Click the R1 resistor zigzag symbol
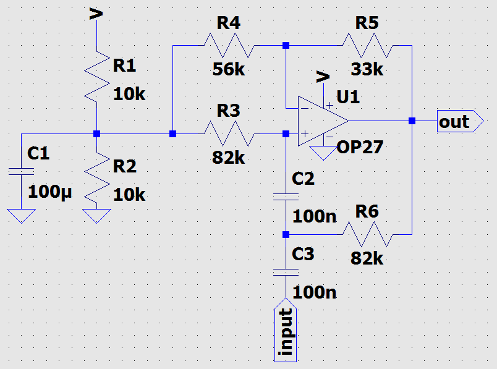click(97, 77)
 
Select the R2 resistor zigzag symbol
click(97, 177)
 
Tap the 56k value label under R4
click(229, 69)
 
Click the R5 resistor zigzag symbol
click(368, 45)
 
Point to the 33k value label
click(367, 69)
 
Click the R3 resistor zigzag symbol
click(229, 134)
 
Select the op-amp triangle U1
click(323, 121)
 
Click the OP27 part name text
click(360, 147)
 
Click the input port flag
click(286, 329)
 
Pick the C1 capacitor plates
click(21, 171)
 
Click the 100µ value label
click(50, 192)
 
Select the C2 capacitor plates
click(286, 197)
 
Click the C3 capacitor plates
click(286, 273)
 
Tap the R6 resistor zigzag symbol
click(368, 234)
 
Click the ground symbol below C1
click(21, 216)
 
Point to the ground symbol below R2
click(96, 216)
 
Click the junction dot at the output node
click(412, 121)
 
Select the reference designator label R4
click(229, 23)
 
